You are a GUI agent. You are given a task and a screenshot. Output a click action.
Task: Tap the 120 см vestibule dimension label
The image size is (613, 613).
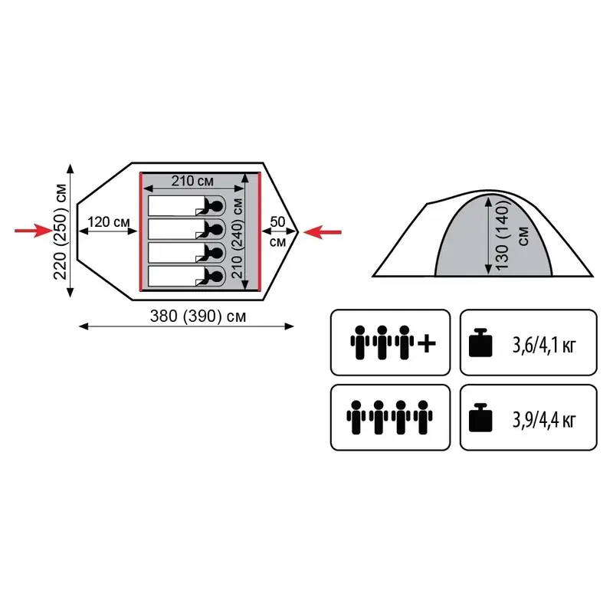pyautogui.click(x=108, y=222)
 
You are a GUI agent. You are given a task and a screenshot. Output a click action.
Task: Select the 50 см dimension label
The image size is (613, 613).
pyautogui.click(x=278, y=230)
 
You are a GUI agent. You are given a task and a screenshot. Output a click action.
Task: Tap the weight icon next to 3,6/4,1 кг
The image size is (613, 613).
pyautogui.click(x=480, y=343)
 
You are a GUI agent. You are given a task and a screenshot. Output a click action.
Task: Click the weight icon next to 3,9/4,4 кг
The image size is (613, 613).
pyautogui.click(x=480, y=418)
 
